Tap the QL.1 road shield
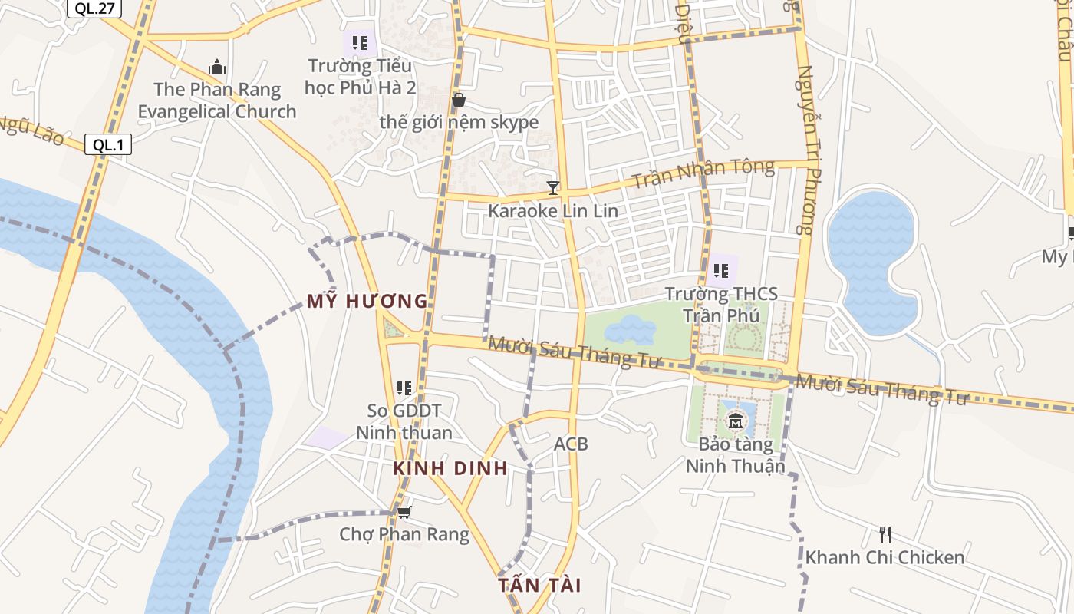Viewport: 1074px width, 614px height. click(x=108, y=144)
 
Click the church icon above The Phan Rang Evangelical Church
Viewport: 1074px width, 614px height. click(x=217, y=68)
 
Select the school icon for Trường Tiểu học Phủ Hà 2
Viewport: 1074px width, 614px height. click(x=359, y=43)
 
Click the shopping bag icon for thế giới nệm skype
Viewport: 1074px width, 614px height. click(x=459, y=100)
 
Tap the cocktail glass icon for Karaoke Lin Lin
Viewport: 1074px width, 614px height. click(x=552, y=187)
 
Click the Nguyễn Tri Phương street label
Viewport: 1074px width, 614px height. click(x=805, y=150)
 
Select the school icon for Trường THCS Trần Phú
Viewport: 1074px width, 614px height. click(x=721, y=270)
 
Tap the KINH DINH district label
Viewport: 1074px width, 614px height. click(x=450, y=468)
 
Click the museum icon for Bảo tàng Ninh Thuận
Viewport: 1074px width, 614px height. click(x=736, y=421)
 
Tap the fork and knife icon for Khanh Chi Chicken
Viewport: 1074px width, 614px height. click(x=885, y=534)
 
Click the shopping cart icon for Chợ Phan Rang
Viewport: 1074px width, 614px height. click(x=404, y=511)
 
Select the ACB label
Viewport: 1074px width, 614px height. click(x=571, y=444)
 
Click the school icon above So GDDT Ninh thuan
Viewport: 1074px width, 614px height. click(x=404, y=388)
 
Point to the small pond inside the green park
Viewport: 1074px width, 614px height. click(x=631, y=330)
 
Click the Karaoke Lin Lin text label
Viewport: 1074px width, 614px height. click(x=552, y=210)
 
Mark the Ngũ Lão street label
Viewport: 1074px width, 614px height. click(x=31, y=133)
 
